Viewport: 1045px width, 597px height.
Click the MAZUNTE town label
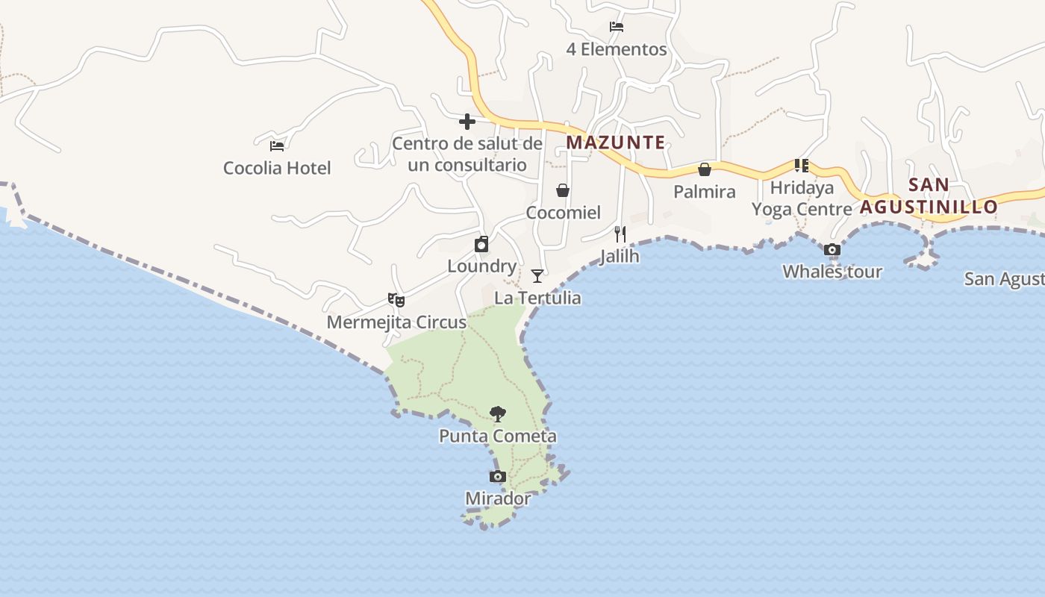[615, 142]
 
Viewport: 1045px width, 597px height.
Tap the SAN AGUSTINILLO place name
[929, 196]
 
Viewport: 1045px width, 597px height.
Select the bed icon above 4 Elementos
[617, 28]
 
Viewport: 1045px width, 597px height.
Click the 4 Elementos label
[617, 50]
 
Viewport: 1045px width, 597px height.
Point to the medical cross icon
[467, 122]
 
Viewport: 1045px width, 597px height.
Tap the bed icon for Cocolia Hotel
[277, 146]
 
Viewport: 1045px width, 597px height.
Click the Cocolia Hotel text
[277, 168]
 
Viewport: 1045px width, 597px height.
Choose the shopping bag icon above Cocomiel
[563, 191]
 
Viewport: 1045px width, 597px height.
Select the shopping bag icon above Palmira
[704, 170]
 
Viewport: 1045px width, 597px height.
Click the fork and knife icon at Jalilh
[620, 234]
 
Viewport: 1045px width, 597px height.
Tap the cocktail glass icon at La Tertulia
[537, 276]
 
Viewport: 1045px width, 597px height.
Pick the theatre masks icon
[396, 300]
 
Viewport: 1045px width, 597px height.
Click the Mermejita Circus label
[396, 322]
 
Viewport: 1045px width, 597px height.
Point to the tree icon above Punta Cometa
[498, 414]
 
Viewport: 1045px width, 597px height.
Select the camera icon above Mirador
[497, 477]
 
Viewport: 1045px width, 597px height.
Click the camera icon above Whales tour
[832, 250]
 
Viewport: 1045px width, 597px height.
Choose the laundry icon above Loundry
[482, 244]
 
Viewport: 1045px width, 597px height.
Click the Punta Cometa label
[498, 436]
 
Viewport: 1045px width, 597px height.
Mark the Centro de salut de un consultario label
[467, 154]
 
